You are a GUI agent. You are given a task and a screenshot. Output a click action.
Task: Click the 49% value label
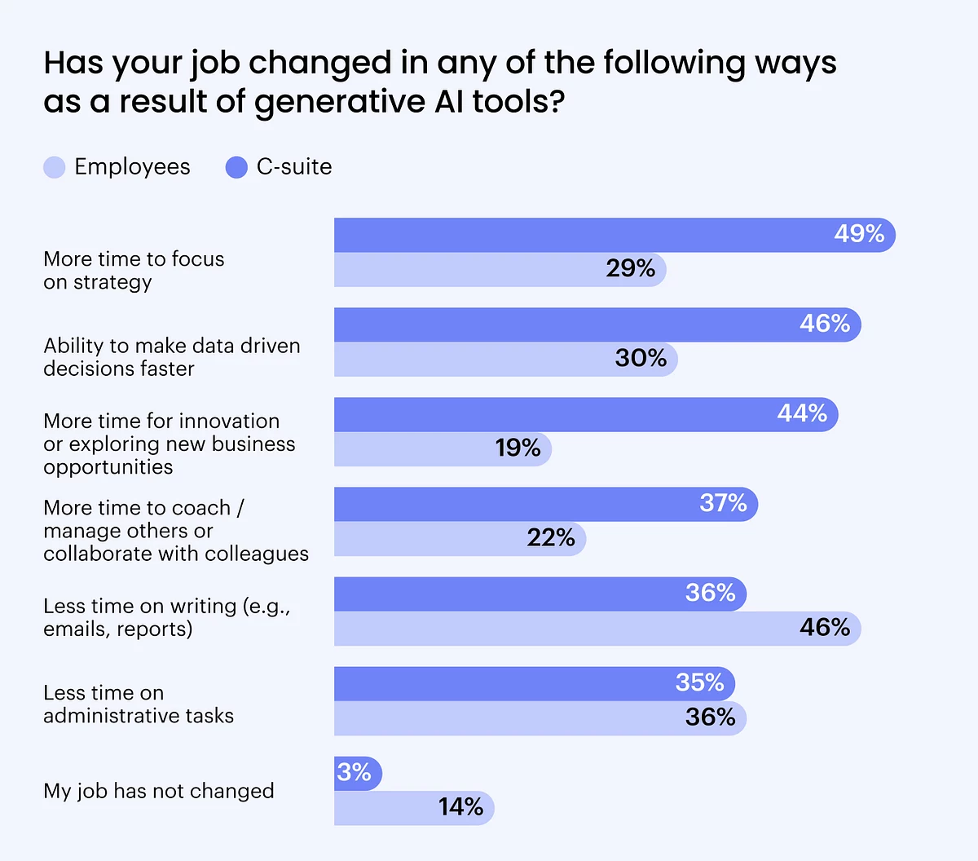[x=859, y=234]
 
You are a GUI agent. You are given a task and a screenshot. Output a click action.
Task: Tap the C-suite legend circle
[x=236, y=168]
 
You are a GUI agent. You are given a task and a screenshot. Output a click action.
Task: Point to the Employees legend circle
[x=55, y=168]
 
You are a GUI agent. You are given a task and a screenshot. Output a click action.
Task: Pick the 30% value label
[x=641, y=358]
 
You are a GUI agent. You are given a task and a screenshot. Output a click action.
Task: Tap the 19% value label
[x=518, y=448]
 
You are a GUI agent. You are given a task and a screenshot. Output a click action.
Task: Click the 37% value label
[x=723, y=503]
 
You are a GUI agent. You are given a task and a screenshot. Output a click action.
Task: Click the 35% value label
[x=699, y=682]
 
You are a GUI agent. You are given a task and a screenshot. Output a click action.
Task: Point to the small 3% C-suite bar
[x=357, y=772]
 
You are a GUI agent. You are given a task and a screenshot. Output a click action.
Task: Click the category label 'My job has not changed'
[x=159, y=791]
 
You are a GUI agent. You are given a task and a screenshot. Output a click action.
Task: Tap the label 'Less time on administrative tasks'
[x=139, y=704]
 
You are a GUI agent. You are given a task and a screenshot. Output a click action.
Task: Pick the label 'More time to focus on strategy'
[x=134, y=270]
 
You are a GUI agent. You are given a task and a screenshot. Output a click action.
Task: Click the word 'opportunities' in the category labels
[x=108, y=467]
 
